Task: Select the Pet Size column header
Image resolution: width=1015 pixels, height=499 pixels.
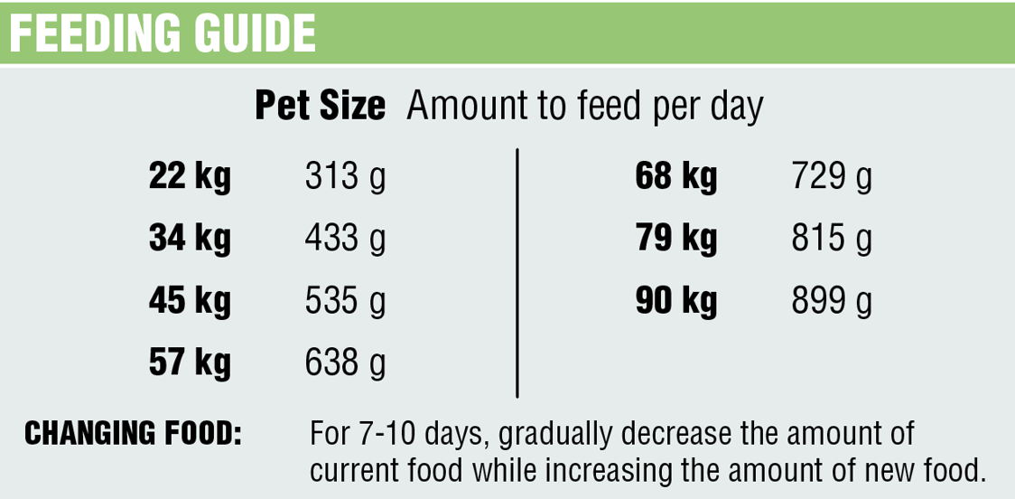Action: [x=320, y=107]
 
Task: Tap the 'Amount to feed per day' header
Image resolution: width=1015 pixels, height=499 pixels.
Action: [x=584, y=107]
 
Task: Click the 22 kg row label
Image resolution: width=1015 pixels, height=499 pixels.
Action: [x=190, y=177]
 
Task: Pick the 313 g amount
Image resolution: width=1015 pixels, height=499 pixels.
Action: [x=345, y=177]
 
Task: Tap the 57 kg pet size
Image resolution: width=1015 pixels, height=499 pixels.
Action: [x=190, y=363]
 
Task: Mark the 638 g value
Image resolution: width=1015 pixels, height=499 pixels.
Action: [x=345, y=363]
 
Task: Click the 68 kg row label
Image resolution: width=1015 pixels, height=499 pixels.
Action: [x=676, y=177]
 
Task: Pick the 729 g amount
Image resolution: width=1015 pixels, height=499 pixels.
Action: [x=832, y=177]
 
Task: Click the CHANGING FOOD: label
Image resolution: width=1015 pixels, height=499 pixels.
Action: [x=133, y=434]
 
